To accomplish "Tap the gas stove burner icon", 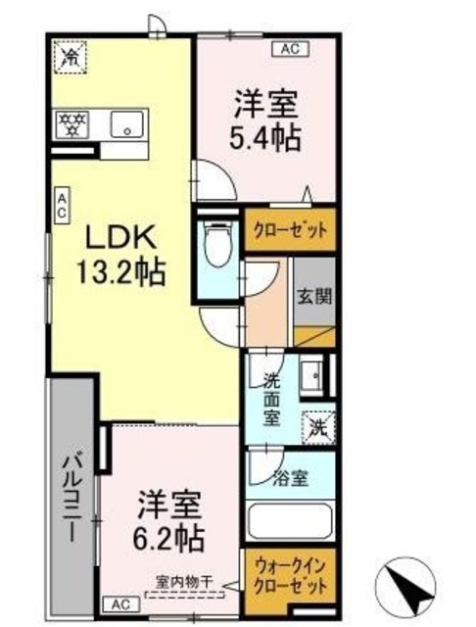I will [x=71, y=124].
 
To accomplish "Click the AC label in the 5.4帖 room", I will [x=290, y=48].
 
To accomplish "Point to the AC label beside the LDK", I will [x=61, y=204].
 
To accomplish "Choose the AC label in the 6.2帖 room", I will [x=120, y=603].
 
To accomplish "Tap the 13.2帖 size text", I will [x=121, y=269].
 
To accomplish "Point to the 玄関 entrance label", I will [x=315, y=296].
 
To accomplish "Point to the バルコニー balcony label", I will [x=74, y=499].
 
